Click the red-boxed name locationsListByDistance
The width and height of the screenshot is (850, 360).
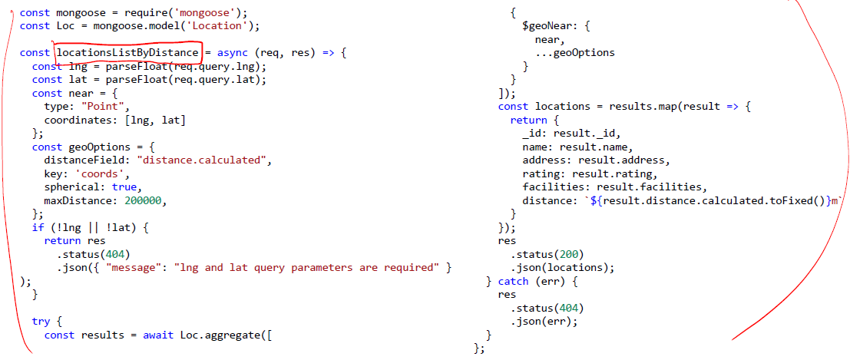[x=127, y=53]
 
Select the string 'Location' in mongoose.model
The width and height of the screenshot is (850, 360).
[x=226, y=25]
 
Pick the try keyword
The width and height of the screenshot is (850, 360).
[x=41, y=322]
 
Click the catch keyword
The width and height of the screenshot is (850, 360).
[x=513, y=281]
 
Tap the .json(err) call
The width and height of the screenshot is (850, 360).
[x=543, y=322]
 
